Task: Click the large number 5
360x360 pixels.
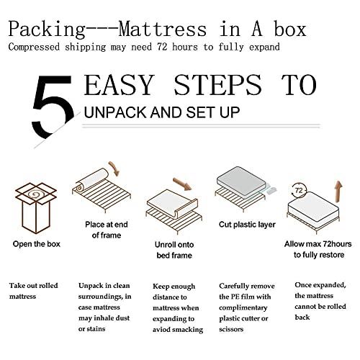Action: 53,107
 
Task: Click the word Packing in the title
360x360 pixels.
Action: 44,30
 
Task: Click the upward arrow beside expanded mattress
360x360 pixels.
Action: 337,194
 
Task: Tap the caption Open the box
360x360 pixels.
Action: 36,243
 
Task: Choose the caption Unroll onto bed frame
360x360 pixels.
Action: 176,248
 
